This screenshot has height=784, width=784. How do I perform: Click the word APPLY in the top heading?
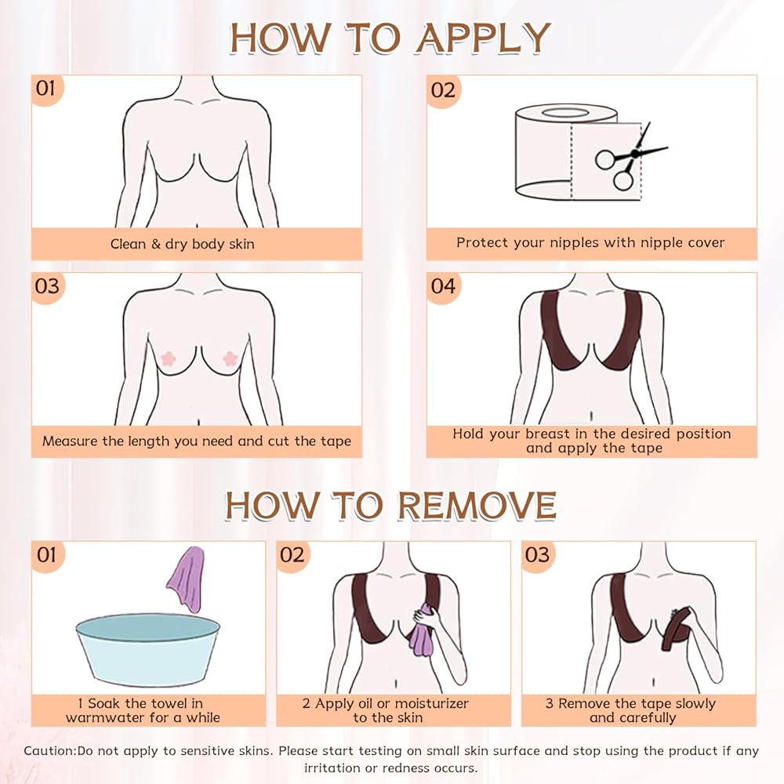tap(484, 38)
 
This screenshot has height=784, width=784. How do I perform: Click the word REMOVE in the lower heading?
tap(477, 506)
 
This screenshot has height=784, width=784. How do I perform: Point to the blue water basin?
tap(148, 649)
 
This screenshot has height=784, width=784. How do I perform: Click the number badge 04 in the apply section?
tap(444, 286)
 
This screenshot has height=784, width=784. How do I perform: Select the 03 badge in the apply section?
tap(48, 286)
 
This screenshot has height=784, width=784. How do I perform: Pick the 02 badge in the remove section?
tap(292, 555)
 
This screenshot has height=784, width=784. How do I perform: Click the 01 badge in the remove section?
tap(48, 555)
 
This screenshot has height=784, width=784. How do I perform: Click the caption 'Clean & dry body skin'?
tap(183, 244)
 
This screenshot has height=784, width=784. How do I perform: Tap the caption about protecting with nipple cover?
tap(590, 242)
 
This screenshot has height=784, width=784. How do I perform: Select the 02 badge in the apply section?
tap(444, 90)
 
